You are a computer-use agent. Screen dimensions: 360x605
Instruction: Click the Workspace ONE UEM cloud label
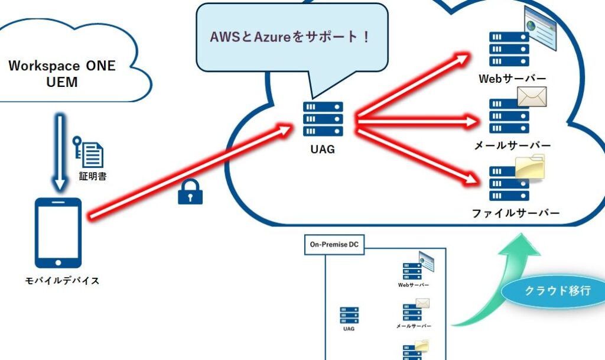coord(62,74)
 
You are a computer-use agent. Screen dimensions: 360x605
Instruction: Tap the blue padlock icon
coord(190,193)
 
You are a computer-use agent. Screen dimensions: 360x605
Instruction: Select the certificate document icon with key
coord(89,152)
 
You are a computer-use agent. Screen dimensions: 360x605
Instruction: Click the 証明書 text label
coord(93,176)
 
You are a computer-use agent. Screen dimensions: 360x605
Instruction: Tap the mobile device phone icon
coord(58,232)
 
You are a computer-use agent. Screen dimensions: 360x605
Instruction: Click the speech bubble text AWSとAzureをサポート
coord(291,37)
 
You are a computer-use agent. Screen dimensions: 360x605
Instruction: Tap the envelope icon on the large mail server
coord(532,97)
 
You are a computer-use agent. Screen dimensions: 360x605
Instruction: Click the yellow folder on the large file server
coord(529,167)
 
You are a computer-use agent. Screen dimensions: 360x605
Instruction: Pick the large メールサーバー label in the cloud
coord(512,145)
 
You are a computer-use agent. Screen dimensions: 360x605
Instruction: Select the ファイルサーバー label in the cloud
coord(516,213)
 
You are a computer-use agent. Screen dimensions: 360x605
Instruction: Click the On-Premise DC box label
coord(334,245)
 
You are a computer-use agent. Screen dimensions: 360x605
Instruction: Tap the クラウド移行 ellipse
coord(557,292)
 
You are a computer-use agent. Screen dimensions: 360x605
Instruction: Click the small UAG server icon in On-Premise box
coord(349,315)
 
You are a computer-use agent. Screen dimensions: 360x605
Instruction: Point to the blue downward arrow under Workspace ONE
coord(58,153)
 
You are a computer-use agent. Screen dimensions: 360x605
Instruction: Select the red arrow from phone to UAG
coord(189,171)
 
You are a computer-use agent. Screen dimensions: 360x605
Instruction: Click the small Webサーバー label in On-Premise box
coord(414,285)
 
